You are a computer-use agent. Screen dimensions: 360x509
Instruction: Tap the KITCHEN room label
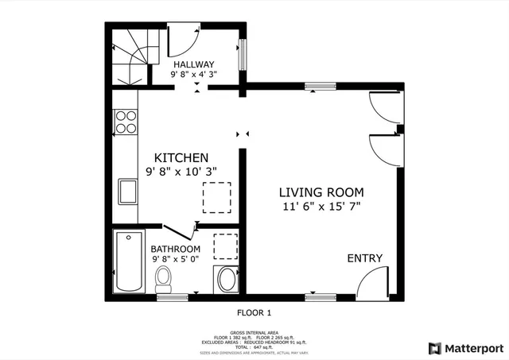coord(181,157)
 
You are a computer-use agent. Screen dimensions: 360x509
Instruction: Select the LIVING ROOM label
coord(321,192)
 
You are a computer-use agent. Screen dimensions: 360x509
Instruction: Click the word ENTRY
coord(364,258)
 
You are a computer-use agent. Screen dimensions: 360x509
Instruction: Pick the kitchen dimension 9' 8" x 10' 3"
coord(181,171)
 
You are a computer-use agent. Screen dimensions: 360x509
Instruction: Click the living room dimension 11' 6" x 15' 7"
coord(321,207)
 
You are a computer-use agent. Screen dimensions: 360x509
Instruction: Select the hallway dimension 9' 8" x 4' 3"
coord(194,75)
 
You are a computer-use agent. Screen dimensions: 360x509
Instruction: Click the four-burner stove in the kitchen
coord(126,122)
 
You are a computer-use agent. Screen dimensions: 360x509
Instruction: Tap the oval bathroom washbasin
coord(227,280)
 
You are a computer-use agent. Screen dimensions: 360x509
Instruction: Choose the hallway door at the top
coord(182,40)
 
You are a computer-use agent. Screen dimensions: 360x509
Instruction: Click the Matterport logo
coord(466,347)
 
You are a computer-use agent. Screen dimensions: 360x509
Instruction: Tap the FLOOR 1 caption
coord(254,312)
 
